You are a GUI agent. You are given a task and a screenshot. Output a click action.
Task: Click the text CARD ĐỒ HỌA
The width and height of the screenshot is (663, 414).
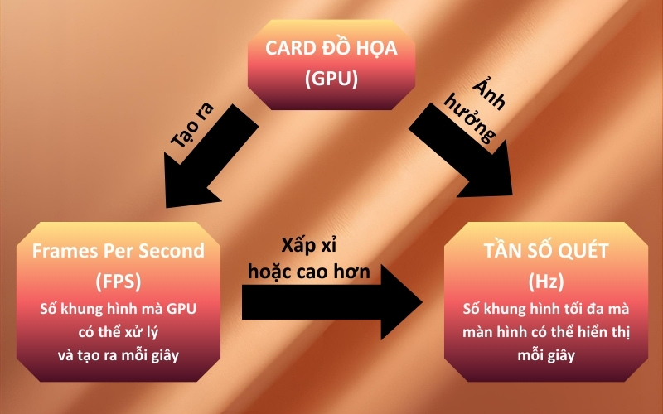(331, 48)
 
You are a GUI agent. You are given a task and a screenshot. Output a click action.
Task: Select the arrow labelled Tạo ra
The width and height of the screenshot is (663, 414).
(211, 157)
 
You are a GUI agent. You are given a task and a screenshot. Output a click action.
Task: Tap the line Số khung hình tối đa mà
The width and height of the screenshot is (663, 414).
(546, 310)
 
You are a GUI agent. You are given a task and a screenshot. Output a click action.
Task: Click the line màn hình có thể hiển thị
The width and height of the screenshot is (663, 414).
(546, 334)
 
